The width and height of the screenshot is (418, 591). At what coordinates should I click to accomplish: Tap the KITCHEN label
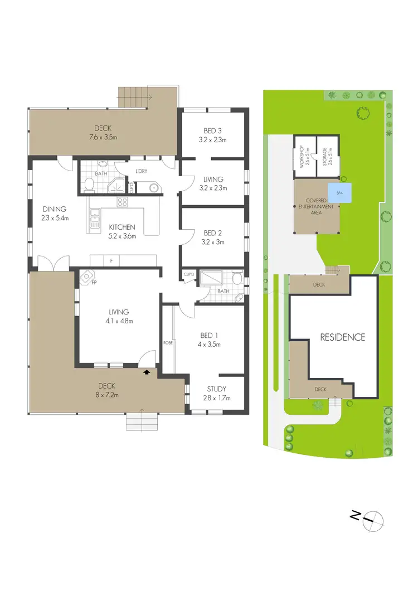[x=122, y=227]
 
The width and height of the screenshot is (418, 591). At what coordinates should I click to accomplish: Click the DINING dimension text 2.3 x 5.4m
[x=55, y=218]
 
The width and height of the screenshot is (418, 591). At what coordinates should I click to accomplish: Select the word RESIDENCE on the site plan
[x=342, y=337]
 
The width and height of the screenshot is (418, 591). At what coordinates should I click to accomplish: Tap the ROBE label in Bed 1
[x=167, y=342]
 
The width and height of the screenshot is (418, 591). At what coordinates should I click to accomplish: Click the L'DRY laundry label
[x=139, y=171]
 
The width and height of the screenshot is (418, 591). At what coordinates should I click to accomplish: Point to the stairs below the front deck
[x=143, y=422]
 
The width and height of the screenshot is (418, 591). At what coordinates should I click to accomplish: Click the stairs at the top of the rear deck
[x=134, y=99]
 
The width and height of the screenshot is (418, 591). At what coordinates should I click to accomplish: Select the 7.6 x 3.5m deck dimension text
[x=103, y=137]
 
